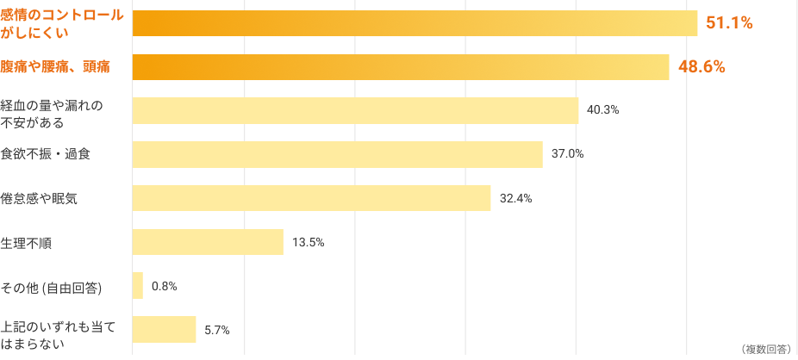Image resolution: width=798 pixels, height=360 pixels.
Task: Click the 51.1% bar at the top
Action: click(x=415, y=23)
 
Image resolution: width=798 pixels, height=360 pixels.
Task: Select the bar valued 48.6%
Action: click(x=401, y=67)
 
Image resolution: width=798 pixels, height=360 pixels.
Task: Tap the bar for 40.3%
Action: click(x=355, y=110)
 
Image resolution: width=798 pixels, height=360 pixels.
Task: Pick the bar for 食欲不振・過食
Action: click(x=337, y=154)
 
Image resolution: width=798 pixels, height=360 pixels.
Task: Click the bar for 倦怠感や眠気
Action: click(x=311, y=198)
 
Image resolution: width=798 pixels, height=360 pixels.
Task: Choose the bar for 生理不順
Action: click(x=208, y=242)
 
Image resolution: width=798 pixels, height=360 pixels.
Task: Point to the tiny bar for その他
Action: click(x=138, y=286)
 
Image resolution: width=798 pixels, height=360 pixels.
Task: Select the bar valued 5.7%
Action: click(x=164, y=330)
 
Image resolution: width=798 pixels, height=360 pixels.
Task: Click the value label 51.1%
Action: click(x=730, y=23)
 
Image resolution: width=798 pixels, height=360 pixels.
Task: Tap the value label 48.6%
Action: click(x=702, y=67)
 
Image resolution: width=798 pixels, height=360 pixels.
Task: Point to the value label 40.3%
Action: click(x=603, y=110)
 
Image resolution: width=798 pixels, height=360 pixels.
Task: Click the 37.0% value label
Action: click(x=568, y=154)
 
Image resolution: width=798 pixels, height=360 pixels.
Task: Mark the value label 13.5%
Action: click(x=308, y=242)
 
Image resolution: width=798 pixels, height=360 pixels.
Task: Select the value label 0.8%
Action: click(x=164, y=286)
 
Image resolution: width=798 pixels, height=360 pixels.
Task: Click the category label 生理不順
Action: click(x=26, y=242)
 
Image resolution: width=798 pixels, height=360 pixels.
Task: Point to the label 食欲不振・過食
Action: click(x=47, y=154)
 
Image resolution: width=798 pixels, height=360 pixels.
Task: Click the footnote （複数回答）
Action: click(x=764, y=349)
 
